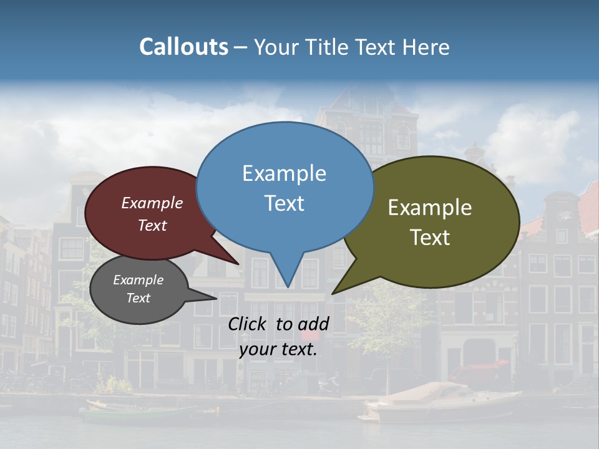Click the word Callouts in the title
point(183,47)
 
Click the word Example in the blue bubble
point(284,173)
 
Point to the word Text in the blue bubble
point(284,203)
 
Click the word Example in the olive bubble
point(430,208)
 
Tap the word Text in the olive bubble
point(430,238)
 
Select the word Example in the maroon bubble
point(152,203)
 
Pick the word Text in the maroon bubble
point(152,225)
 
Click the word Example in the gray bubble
point(138,280)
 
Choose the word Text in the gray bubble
point(138,298)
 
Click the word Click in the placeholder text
point(248,324)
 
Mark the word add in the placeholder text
point(313,324)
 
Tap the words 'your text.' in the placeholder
point(278,349)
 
